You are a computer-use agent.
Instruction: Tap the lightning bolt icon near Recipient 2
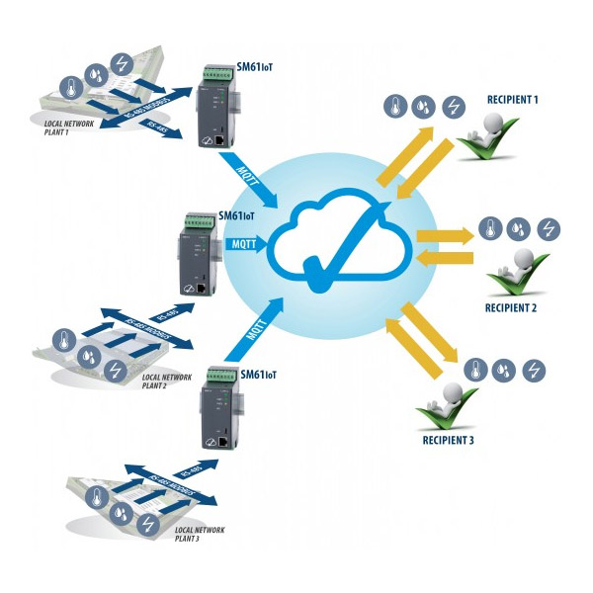click(550, 229)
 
